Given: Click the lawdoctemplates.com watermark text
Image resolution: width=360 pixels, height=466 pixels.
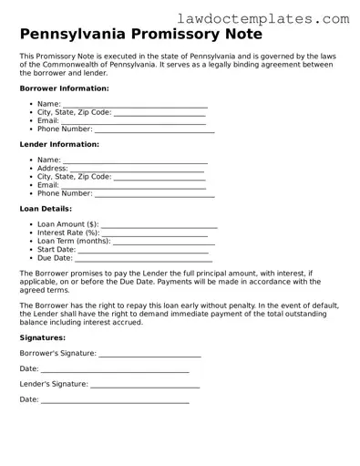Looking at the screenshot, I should [275, 17].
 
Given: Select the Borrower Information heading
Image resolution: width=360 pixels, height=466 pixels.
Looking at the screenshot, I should [64, 88].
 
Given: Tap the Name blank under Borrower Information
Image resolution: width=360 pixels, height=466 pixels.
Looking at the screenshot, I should [135, 106].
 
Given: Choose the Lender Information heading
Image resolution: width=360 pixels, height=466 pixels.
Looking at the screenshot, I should [59, 144].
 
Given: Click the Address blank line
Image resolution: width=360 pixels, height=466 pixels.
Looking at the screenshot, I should [138, 169].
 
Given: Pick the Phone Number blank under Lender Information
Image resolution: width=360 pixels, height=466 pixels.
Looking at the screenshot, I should [155, 194].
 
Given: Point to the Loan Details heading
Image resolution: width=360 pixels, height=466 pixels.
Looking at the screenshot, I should [46, 209].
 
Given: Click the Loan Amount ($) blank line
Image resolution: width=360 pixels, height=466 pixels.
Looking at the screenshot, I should [159, 224].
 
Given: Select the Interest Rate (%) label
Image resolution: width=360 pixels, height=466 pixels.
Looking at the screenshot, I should [68, 233].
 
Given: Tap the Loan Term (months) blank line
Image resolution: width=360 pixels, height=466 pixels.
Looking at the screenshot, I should [163, 242].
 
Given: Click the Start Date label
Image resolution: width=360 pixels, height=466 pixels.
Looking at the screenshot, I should [56, 250].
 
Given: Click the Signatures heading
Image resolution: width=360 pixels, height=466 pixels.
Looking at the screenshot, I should [45, 337].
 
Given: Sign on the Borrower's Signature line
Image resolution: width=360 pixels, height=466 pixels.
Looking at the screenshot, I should [149, 355].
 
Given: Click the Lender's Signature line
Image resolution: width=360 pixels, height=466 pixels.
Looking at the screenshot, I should [145, 385].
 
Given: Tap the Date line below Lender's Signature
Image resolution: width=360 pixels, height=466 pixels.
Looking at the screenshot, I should [115, 401].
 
